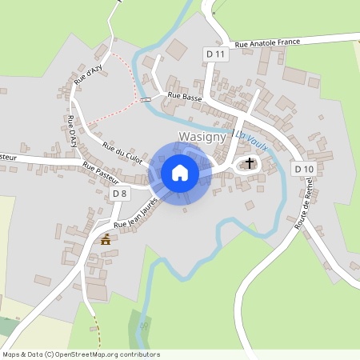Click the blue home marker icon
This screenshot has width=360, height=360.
coord(180,172)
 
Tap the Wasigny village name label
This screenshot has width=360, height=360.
coord(202,137)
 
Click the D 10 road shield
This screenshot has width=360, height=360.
coord(303,169)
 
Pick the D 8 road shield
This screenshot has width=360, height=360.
coord(120,194)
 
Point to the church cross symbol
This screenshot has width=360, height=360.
coord(250,164)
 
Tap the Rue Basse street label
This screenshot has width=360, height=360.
coord(183,97)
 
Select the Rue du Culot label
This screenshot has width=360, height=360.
coord(122,153)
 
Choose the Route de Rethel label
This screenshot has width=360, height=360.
coord(304,204)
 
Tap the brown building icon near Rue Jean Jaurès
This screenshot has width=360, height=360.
coord(106,239)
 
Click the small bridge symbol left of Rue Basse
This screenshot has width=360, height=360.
coord(145,100)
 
